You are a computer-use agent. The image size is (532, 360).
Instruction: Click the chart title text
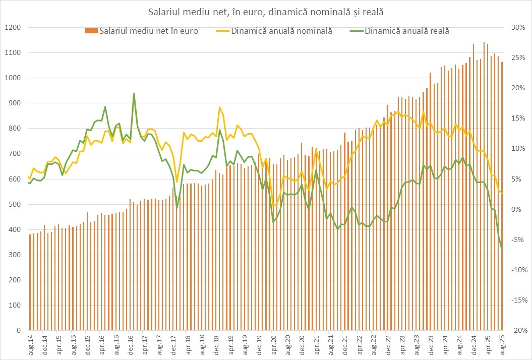coord(266,11)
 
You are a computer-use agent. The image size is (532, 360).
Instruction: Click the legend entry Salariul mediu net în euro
coord(148,31)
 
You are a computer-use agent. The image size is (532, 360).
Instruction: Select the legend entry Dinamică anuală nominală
coord(281,31)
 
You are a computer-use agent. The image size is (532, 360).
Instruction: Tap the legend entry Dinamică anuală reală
coord(406,31)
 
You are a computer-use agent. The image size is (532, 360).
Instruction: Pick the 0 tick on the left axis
coord(17,330)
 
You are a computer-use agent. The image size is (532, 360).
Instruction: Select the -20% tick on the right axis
coord(518,330)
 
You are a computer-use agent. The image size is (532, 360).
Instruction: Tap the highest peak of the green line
coord(134,93)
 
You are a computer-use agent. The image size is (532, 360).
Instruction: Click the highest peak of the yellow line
coord(220,107)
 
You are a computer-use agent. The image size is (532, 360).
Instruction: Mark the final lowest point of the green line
coord(502,250)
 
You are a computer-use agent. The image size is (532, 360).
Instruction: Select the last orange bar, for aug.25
coord(502,202)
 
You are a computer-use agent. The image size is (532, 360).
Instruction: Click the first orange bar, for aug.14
coord(30,282)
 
